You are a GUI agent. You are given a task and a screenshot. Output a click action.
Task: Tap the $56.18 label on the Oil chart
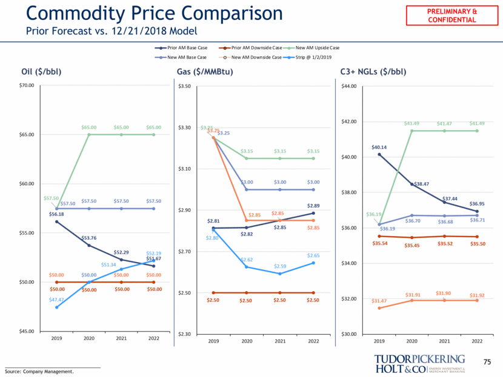[57, 214]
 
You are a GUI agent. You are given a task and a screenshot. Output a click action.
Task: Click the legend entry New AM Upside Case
[317, 47]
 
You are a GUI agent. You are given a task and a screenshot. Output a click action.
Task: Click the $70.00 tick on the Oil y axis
[26, 86]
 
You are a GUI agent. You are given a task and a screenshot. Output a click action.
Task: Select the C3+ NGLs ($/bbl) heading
[373, 72]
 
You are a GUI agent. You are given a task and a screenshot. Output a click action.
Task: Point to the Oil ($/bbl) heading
[41, 72]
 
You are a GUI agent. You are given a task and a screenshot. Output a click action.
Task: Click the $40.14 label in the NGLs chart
[379, 147]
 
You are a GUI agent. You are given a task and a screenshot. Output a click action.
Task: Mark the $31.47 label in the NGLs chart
[379, 301]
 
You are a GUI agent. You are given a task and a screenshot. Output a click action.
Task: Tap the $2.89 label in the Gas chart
[313, 206]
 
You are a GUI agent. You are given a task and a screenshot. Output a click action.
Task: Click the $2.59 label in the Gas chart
[280, 266]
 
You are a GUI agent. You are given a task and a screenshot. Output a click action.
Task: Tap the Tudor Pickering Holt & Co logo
[419, 364]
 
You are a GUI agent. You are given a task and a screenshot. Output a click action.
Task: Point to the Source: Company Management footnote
[39, 372]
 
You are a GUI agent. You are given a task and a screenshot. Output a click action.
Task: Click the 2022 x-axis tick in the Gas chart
[313, 341]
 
